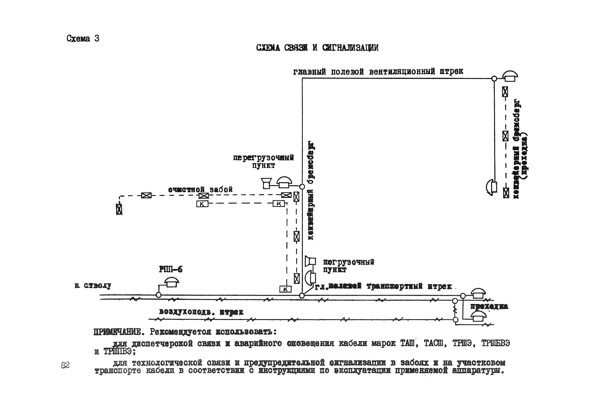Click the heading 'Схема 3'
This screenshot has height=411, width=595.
[x=83, y=39]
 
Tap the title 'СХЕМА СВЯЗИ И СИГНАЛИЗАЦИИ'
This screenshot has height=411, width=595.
[x=317, y=48]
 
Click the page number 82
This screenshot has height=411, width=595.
[x=65, y=365]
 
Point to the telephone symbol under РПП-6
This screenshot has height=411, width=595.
[x=171, y=282]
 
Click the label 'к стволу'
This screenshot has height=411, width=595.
[x=93, y=286]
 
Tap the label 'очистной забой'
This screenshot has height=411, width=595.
[x=200, y=190]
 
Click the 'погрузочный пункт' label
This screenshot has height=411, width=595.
[x=348, y=266]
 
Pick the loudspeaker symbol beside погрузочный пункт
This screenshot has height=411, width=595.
[x=310, y=261]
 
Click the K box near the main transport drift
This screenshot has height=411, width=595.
[x=285, y=289]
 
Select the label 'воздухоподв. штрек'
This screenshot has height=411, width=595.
[x=201, y=312]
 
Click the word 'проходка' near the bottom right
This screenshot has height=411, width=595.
[x=489, y=306]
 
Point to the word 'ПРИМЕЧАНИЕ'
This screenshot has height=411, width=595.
[x=117, y=332]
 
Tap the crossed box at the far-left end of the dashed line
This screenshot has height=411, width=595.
[x=119, y=209]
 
